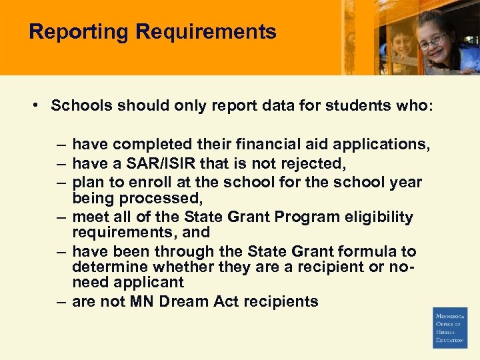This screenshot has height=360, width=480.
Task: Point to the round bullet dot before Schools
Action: [x=33, y=105]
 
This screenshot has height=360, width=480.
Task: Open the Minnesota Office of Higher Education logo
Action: [x=450, y=327]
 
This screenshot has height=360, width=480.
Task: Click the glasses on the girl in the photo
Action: [x=433, y=41]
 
